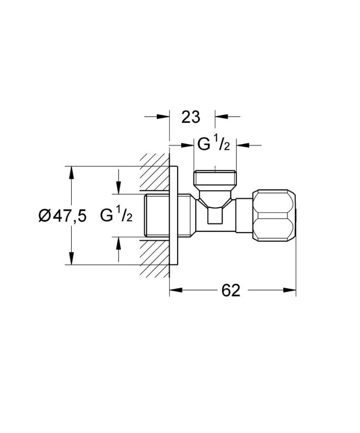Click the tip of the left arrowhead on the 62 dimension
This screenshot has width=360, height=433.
coord(170,290)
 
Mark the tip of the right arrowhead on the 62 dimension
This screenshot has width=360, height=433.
coord(296,290)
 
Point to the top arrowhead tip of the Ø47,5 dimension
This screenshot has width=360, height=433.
coord(72,166)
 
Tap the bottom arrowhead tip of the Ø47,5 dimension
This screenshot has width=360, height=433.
coord(72,265)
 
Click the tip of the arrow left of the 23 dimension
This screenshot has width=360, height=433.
coord(169,117)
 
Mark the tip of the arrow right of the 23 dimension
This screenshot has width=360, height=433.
coord(215,117)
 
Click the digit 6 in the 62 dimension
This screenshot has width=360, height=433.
coord(226,290)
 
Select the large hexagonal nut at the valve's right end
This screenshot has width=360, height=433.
coord(275,215)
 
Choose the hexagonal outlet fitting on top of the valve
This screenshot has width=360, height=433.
coord(215,178)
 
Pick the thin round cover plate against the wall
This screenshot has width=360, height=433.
coord(173,215)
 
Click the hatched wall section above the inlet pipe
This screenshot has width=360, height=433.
coord(155,172)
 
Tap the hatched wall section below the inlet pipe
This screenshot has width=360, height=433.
coord(155,258)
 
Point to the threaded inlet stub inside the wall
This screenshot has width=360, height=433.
coord(157,215)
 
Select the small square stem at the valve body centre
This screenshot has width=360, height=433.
coord(215,215)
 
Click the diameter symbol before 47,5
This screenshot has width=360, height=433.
coord(45,216)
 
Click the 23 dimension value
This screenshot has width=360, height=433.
coord(190,117)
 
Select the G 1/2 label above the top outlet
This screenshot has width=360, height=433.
coord(213,145)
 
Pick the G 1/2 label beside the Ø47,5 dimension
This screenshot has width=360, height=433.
coord(116,216)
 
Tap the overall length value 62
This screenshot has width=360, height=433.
coord(231,290)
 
